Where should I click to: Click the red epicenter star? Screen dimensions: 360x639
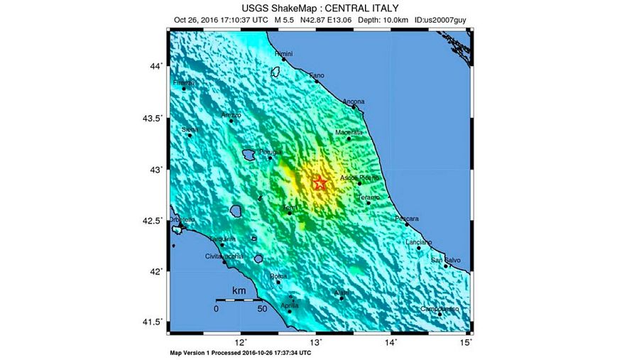pos(320,183)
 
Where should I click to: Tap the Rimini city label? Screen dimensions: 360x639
pos(284,53)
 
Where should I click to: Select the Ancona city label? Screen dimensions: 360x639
pos(354,102)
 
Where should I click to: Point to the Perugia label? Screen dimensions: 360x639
pos(271,152)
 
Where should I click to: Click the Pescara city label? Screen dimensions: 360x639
pos(407,218)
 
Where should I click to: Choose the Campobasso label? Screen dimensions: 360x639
pos(439,309)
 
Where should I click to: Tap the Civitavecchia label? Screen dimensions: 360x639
pos(224,256)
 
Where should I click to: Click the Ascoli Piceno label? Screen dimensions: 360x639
pos(361,177)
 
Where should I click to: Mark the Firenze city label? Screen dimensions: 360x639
pos(184,83)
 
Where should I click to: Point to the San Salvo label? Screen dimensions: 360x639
pos(446,260)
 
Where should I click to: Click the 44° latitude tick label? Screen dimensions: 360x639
pos(155,66)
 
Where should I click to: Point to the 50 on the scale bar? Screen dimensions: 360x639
pos(261,309)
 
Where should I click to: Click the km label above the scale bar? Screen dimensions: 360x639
pos(239,291)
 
